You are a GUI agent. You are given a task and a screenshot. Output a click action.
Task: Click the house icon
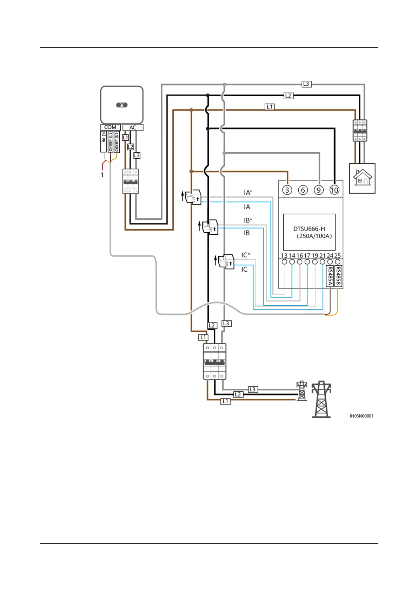click(x=362, y=178)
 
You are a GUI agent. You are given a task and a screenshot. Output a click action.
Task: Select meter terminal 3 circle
click(x=287, y=190)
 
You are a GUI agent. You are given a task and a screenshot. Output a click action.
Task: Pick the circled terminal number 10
click(x=334, y=190)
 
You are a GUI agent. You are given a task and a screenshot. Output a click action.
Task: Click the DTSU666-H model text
click(x=309, y=229)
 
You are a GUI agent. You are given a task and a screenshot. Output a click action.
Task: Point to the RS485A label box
click(x=330, y=276)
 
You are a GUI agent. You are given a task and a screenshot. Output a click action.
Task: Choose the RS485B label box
click(x=338, y=276)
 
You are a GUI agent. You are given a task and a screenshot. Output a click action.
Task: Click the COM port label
click(x=110, y=127)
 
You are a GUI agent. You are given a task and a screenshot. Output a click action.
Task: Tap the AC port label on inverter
click(x=133, y=127)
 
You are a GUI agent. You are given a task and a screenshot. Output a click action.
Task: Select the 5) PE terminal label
click(x=104, y=142)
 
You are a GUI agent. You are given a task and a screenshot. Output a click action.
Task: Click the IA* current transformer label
click(x=248, y=192)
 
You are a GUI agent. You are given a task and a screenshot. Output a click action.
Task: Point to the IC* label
click(x=246, y=255)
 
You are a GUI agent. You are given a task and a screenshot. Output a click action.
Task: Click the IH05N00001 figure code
click(x=361, y=416)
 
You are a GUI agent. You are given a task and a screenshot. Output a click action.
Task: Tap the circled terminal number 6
click(x=303, y=190)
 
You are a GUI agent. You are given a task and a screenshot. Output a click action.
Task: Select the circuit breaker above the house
click(x=360, y=131)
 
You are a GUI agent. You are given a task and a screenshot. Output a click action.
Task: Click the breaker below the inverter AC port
click(x=130, y=181)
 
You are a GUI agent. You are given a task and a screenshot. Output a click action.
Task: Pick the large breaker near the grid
click(x=214, y=361)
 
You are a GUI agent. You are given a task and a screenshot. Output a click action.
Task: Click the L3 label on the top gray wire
click(x=306, y=84)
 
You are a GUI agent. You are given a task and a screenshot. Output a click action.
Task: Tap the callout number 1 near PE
click(x=102, y=175)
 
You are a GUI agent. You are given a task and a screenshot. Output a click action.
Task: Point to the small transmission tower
click(x=302, y=391)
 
